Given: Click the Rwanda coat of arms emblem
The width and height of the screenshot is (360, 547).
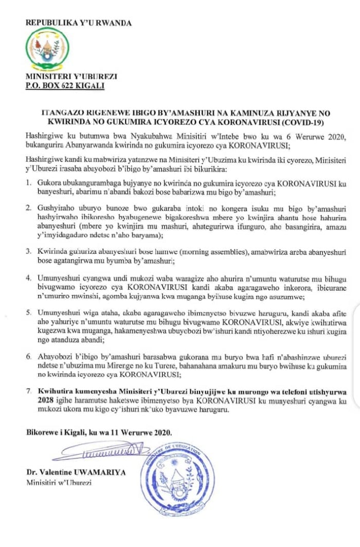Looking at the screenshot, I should [x=47, y=49].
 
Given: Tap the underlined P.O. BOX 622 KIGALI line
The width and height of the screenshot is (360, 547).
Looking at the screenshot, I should [x=65, y=85].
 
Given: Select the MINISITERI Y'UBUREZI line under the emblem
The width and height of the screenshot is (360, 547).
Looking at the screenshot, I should [x=71, y=77].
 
